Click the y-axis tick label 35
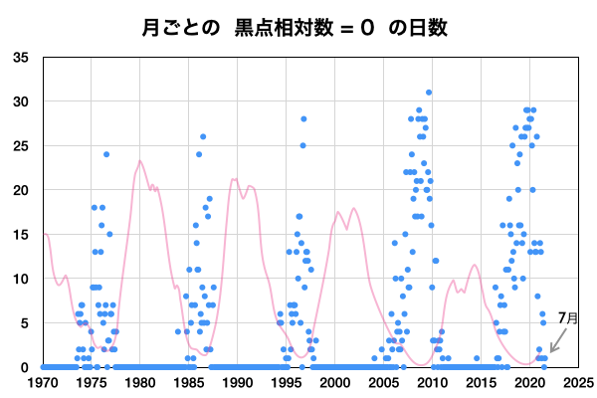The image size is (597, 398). pyautogui.click(x=21, y=58)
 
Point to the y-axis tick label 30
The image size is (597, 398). pyautogui.click(x=21, y=101)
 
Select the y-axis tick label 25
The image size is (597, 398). pyautogui.click(x=21, y=146)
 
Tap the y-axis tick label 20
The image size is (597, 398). pyautogui.click(x=21, y=190)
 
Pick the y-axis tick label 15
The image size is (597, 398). pyautogui.click(x=21, y=235)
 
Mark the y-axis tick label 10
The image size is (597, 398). pyautogui.click(x=21, y=279)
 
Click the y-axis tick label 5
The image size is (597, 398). pyautogui.click(x=25, y=323)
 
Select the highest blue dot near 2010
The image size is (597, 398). pyautogui.click(x=429, y=93)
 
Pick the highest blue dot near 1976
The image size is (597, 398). pyautogui.click(x=106, y=154)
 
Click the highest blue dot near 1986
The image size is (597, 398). pyautogui.click(x=203, y=136)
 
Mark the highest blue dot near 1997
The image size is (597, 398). pyautogui.click(x=303, y=119)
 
